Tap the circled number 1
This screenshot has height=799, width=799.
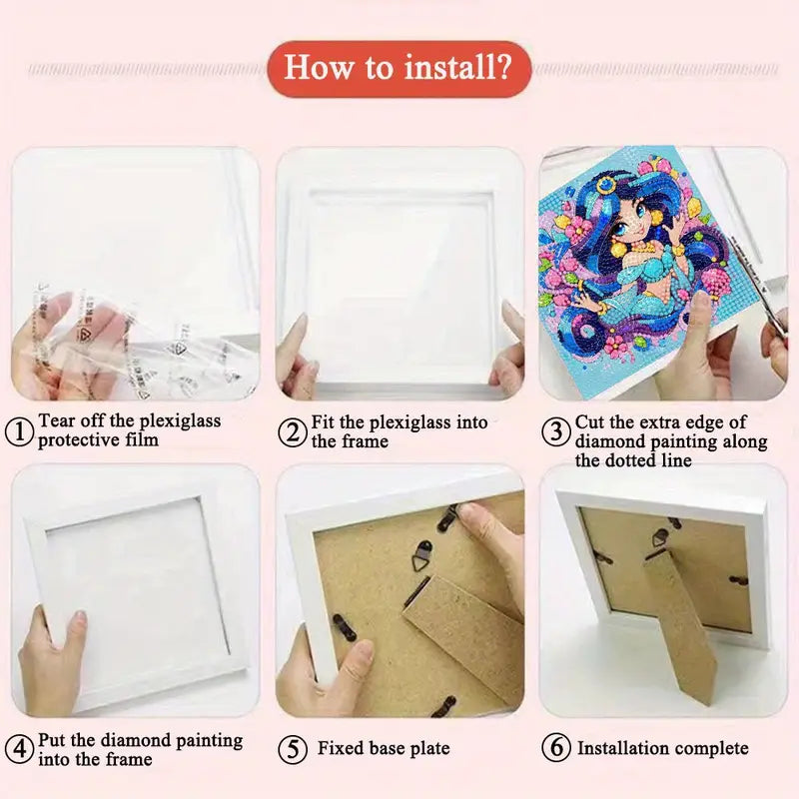pos(20,432)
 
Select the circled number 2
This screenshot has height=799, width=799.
pos(293,432)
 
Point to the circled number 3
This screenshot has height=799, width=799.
pos(556,432)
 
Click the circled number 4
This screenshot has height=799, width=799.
pos(20,748)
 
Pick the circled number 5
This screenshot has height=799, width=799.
pos(293,748)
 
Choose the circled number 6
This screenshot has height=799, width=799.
pos(556,748)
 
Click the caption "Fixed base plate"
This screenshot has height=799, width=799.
pos(384,748)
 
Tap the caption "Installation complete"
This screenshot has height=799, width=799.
pos(662,748)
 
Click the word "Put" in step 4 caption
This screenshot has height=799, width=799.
pos(55,740)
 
